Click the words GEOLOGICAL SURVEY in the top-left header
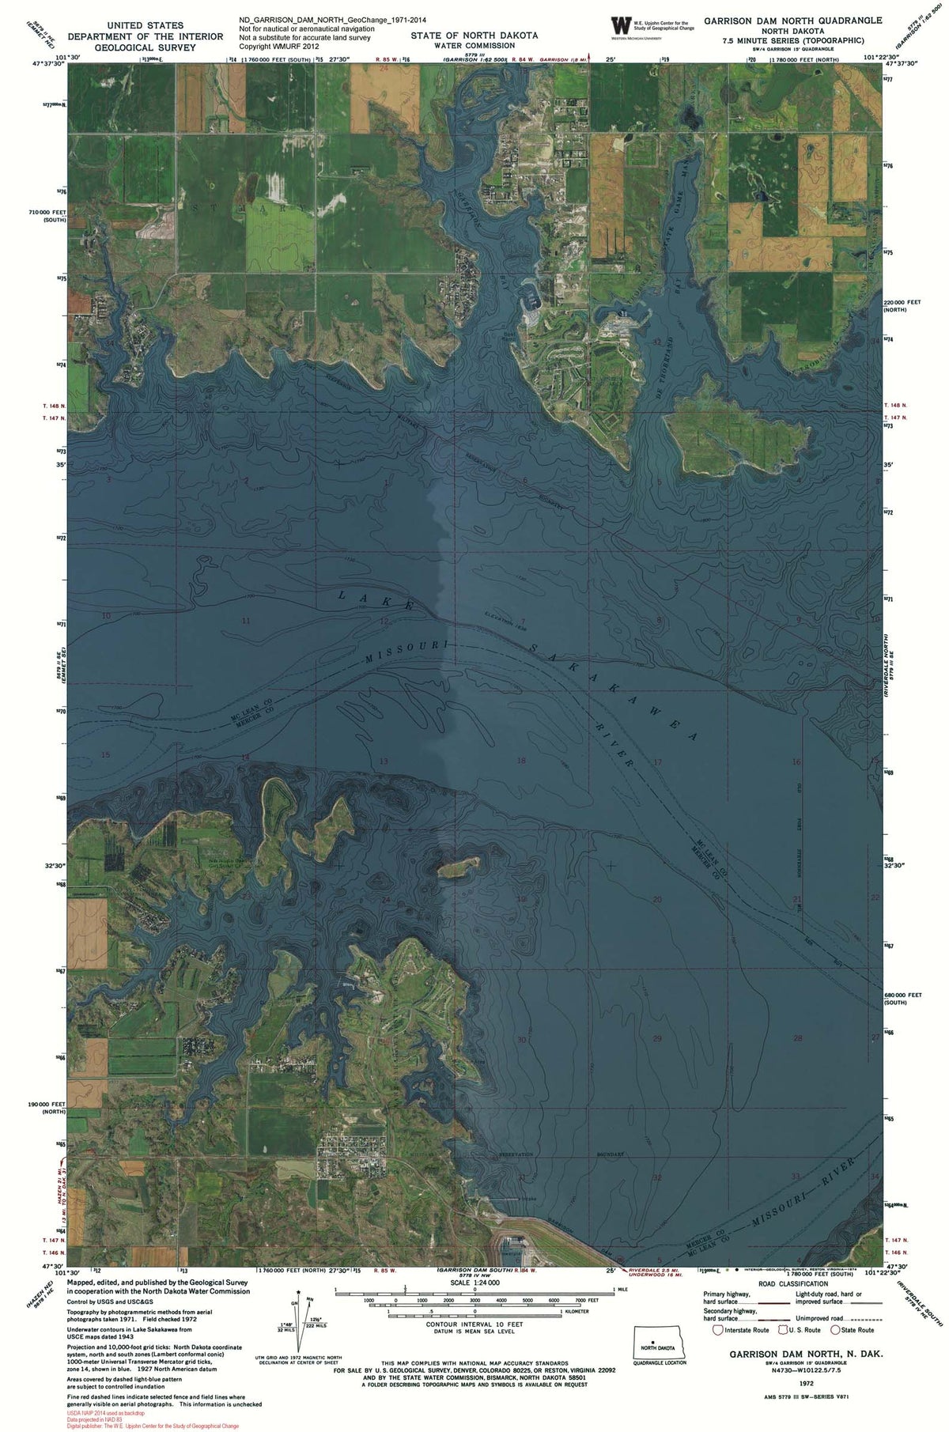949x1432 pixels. (145, 47)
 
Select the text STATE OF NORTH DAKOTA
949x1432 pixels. (475, 36)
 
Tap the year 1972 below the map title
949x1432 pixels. (806, 1384)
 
